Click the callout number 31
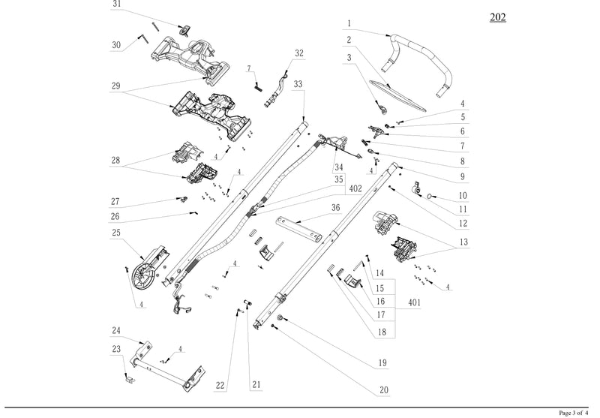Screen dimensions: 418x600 pos(116,4)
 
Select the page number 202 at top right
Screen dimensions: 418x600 pos(496,17)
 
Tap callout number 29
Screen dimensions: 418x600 pos(115,86)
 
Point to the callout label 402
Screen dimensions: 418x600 pos(356,188)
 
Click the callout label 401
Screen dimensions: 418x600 pos(414,303)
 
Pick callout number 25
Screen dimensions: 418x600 pos(116,233)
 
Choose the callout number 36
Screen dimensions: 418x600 pos(335,208)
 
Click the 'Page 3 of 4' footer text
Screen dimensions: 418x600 pos(575,413)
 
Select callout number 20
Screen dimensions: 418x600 pos(383,391)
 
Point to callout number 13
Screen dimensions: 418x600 pos(463,242)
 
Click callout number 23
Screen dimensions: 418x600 pos(116,349)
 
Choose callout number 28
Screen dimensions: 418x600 pos(115,160)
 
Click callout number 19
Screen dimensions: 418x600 pos(382,363)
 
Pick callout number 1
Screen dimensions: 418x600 pos(349,23)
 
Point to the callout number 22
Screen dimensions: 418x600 pos(220,386)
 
